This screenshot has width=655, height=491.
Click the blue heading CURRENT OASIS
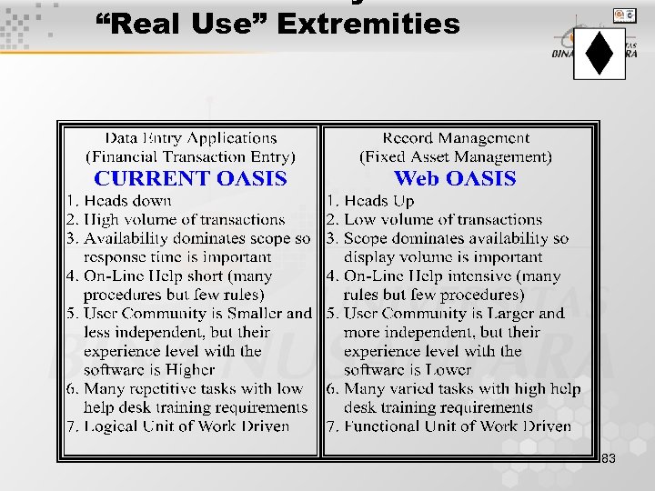[x=191, y=179]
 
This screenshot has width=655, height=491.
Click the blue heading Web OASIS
[x=455, y=179]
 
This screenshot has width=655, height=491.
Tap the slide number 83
[x=609, y=458]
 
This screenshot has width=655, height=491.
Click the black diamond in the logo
[x=600, y=53]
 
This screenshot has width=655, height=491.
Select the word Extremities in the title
[x=368, y=23]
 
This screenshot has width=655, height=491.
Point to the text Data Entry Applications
[x=191, y=138]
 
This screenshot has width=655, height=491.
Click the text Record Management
[x=456, y=138]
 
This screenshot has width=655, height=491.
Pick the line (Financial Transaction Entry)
[x=191, y=156]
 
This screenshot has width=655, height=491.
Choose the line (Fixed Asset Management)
[x=456, y=156]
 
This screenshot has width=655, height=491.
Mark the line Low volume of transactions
[x=442, y=220]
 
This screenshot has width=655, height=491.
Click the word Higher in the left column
[x=190, y=370]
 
